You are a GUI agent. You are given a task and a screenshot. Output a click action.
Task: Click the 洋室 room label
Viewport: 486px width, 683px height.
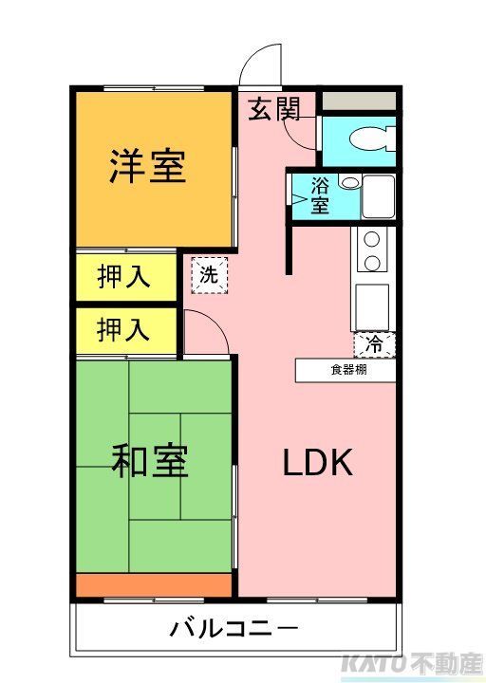point(146,167)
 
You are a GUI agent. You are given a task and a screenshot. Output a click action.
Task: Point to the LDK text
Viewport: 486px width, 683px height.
point(318,463)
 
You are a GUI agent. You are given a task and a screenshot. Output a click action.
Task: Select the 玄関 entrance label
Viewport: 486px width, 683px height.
point(274,109)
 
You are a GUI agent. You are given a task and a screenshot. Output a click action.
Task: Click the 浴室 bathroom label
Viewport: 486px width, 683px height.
point(320,196)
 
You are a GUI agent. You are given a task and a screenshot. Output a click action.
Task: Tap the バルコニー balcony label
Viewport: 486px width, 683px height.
point(234,628)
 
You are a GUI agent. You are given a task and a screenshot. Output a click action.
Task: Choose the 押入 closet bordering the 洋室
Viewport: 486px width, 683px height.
point(124,278)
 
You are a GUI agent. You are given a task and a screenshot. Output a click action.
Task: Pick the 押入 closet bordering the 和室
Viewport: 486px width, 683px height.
point(124,330)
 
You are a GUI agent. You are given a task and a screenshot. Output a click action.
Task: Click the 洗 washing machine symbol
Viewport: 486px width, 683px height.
point(207,276)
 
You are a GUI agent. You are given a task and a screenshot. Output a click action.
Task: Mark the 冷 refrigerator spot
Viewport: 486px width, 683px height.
point(375,344)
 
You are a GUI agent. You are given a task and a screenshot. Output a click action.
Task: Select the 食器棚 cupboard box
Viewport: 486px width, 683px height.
point(346,370)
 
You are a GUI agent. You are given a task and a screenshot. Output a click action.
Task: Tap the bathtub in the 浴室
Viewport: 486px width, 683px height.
point(378,196)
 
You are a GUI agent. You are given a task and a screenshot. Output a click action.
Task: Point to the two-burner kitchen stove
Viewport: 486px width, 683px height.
point(372,249)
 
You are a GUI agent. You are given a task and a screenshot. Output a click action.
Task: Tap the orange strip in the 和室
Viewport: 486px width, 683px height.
point(154,585)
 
